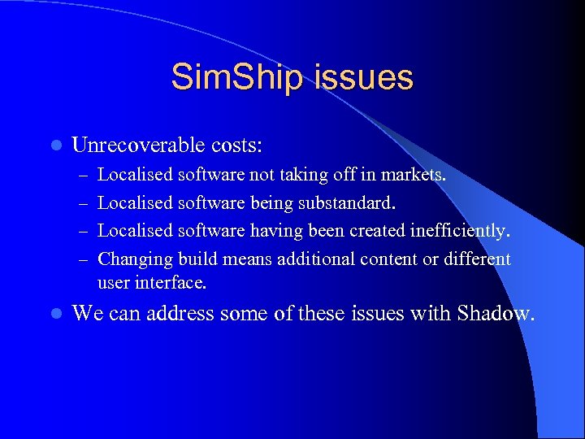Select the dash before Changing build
(81, 260)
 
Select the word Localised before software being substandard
(135, 202)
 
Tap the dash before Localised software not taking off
(81, 175)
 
